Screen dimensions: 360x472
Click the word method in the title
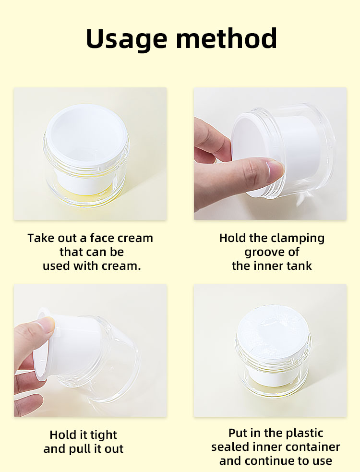click(x=227, y=38)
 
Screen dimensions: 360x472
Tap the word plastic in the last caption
click(x=304, y=434)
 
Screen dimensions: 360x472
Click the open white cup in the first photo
click(x=86, y=145)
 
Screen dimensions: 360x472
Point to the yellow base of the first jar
click(x=87, y=195)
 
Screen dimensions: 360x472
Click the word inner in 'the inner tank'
click(x=268, y=266)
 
